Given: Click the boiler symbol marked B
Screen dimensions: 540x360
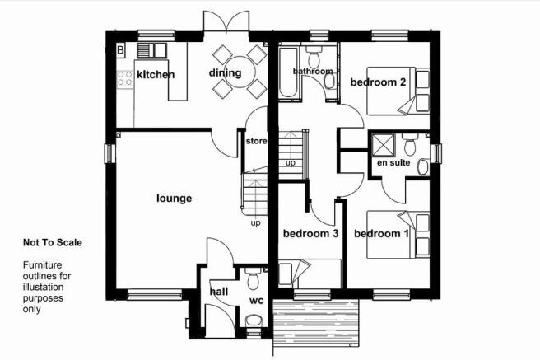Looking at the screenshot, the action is [x=120, y=50].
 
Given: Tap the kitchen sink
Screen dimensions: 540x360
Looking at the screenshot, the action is [x=151, y=50].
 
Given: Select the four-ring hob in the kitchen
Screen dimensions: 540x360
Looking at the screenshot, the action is [x=124, y=78].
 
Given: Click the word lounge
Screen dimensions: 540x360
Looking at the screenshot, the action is [x=175, y=199].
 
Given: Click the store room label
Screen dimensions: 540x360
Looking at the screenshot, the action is [x=256, y=141].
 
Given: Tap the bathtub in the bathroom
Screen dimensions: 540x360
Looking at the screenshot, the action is [x=288, y=72].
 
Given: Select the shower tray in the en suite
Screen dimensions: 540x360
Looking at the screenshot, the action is [x=383, y=145].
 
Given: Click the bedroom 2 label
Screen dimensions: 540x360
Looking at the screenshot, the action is [x=378, y=82].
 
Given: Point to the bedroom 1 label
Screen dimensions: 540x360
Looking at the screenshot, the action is [x=381, y=234].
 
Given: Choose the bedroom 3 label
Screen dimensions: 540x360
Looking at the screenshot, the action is [x=310, y=234].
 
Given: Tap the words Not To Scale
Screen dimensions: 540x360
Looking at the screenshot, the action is [x=53, y=242].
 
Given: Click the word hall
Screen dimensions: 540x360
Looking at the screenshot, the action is [x=219, y=292].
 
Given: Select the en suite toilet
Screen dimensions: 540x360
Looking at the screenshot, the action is [x=410, y=144].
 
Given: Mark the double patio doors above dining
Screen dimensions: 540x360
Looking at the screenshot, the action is [x=226, y=21].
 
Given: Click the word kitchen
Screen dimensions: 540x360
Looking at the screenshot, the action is [x=156, y=74].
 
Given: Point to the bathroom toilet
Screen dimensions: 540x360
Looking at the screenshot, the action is [x=314, y=57].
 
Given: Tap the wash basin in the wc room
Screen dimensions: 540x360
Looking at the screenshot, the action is [x=254, y=321].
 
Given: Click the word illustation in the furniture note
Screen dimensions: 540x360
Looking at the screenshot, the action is [x=44, y=287].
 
